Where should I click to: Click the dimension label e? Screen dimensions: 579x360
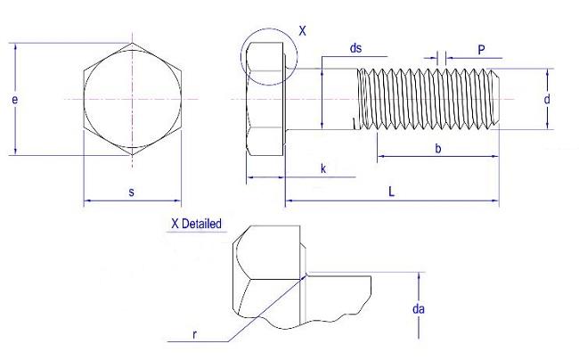(15, 100)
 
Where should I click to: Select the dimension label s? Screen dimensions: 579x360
(132, 192)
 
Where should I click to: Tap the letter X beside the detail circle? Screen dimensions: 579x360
(303, 30)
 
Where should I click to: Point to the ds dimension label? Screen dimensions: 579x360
(355, 48)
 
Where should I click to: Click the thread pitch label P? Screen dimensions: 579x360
(481, 50)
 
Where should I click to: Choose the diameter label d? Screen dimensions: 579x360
(547, 99)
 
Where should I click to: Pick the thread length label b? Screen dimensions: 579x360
(438, 149)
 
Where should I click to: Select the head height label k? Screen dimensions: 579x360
(323, 168)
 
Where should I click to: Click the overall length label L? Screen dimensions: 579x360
(392, 192)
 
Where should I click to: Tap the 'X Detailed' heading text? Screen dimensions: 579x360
(197, 224)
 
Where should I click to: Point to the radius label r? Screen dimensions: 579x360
(194, 334)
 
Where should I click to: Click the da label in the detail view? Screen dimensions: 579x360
(419, 308)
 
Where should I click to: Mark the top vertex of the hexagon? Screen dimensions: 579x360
(133, 43)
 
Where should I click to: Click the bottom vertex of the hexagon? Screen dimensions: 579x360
(133, 155)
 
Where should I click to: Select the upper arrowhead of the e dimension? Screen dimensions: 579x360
(15, 46)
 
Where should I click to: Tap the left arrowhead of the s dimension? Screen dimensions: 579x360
(87, 200)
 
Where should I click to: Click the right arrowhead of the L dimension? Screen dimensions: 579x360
(495, 200)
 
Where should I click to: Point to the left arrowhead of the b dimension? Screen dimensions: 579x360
(381, 156)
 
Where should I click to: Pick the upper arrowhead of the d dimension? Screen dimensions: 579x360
(547, 72)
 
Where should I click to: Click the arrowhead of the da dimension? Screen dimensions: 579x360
(419, 276)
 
